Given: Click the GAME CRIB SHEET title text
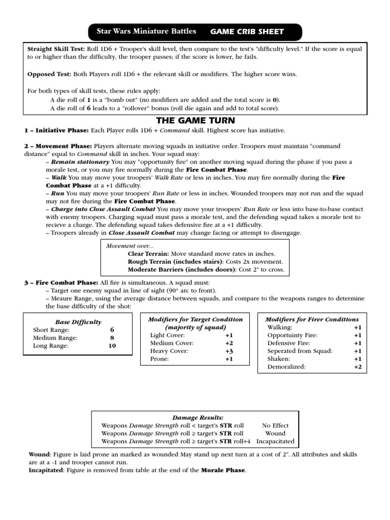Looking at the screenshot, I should click(247, 32).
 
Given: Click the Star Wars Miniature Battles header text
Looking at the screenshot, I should click(146, 31).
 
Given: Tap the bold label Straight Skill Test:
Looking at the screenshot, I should click(56, 49).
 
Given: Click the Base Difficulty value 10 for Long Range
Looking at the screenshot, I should click(112, 346).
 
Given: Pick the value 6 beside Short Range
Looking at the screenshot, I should click(112, 330).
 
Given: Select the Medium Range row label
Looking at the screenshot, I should click(55, 338).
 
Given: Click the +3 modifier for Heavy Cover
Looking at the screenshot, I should click(229, 351).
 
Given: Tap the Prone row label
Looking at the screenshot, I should click(159, 359).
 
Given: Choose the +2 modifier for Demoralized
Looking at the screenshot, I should click(357, 367).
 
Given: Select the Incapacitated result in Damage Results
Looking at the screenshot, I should click(275, 441).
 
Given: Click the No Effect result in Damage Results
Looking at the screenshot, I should click(275, 425).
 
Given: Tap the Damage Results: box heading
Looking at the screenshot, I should click(195, 417).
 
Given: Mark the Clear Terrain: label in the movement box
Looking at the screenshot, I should click(149, 253).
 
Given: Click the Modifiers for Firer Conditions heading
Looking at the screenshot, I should click(312, 319).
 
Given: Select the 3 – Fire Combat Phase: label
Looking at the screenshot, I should click(61, 282).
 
